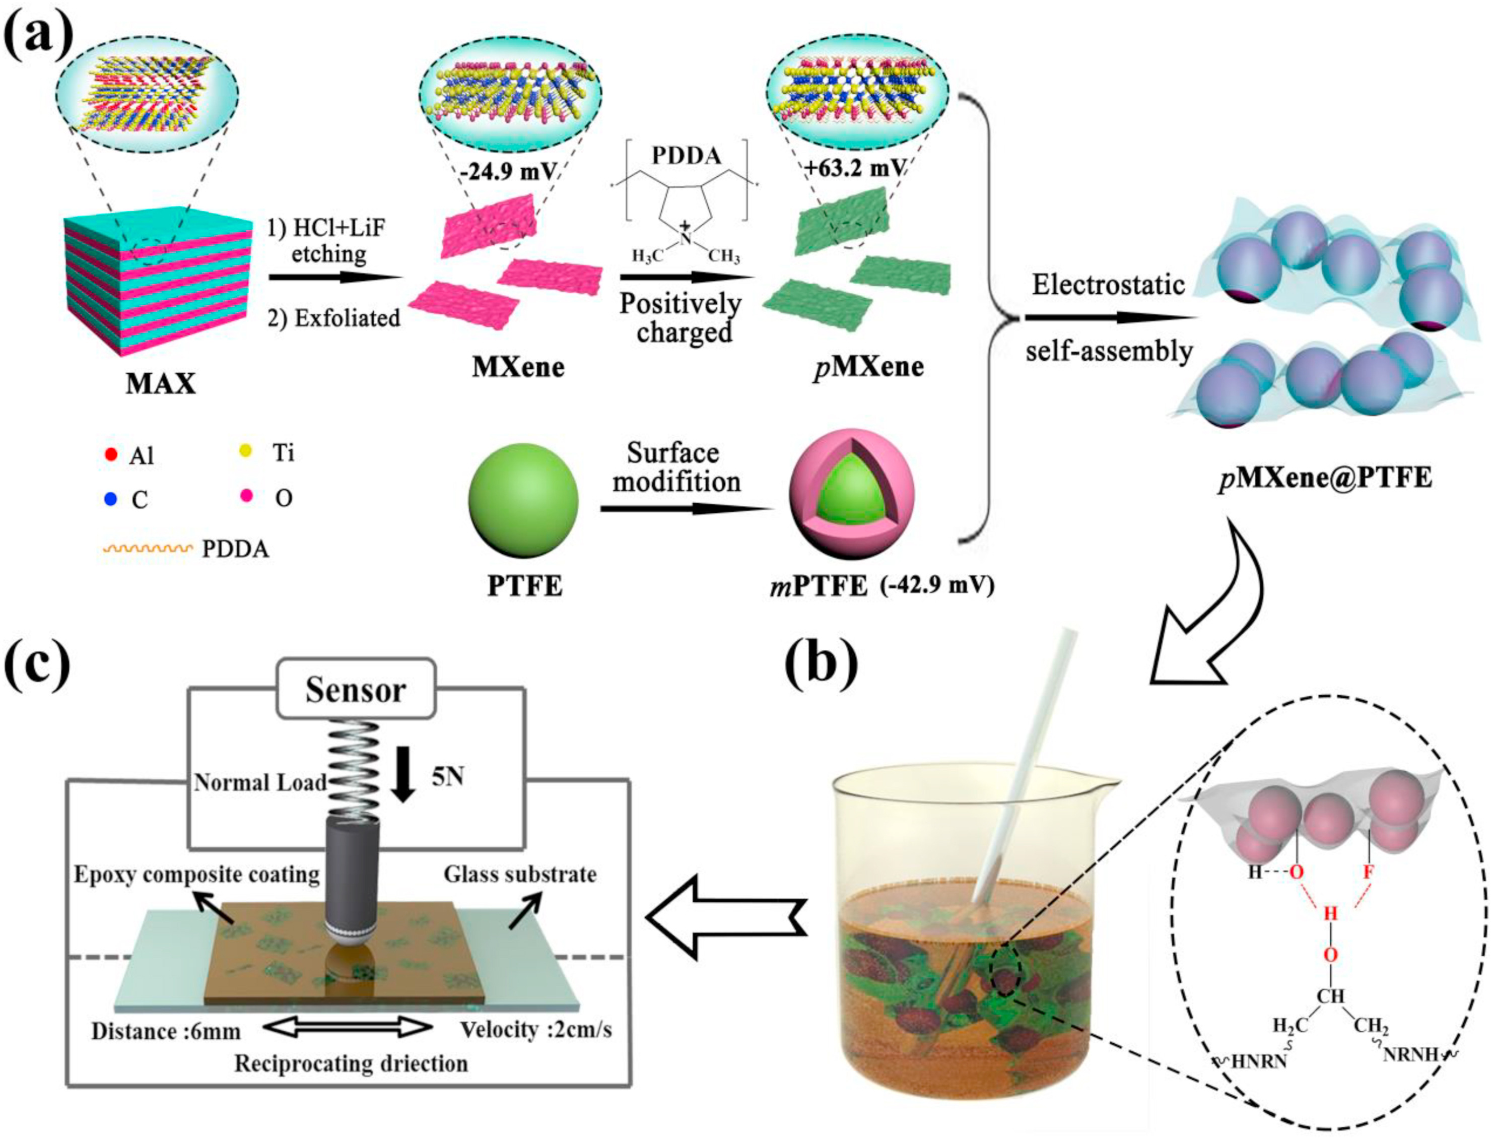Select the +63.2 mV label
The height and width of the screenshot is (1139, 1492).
pos(855,166)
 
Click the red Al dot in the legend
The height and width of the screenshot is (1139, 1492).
pos(112,452)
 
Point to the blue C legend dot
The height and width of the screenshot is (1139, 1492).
pos(112,499)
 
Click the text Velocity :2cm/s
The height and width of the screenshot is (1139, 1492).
pos(535,1030)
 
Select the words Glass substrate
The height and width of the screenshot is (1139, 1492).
pos(520,875)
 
